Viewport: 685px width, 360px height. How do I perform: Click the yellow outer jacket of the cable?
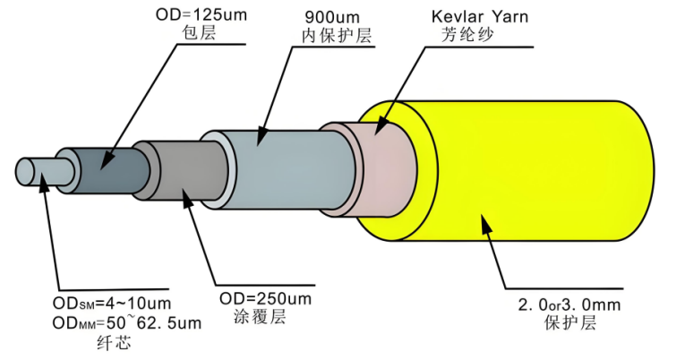pyautogui.click(x=537, y=170)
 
